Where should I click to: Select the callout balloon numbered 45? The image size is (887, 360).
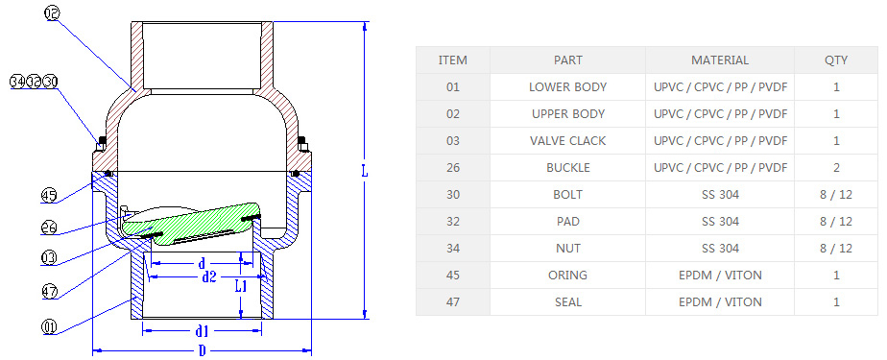tap(49, 196)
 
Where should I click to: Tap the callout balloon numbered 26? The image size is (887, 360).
tap(49, 227)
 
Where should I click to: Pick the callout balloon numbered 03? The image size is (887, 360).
tap(49, 258)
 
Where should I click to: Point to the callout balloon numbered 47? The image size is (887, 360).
tap(49, 292)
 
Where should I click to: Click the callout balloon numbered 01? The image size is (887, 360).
tap(49, 327)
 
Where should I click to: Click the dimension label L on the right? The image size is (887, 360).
tap(365, 171)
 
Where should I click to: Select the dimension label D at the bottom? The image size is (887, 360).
tap(202, 351)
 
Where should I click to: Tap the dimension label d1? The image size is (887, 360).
tap(202, 329)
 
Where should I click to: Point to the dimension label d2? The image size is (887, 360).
tap(209, 276)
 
